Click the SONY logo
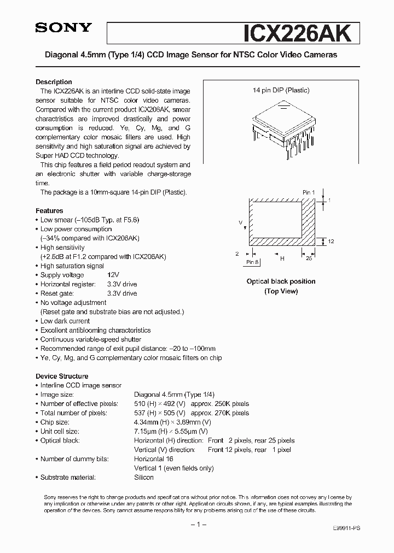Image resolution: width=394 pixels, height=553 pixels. (63, 28)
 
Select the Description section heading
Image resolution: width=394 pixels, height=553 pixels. (54, 82)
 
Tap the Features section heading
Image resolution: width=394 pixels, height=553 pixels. (49, 210)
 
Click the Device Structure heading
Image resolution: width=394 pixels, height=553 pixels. (62, 376)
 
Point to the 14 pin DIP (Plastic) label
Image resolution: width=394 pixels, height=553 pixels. (281, 90)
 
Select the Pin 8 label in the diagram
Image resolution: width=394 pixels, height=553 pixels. (252, 262)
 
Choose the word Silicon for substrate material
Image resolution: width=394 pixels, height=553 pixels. (144, 477)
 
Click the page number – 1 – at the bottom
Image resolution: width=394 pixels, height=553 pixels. (197, 525)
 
